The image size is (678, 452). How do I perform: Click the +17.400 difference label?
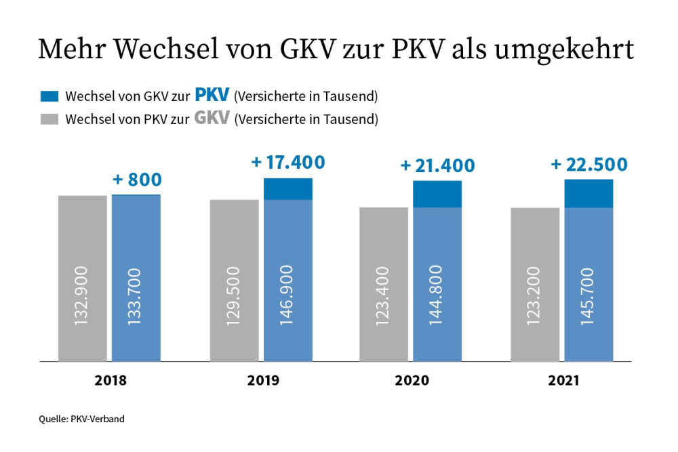coord(288,163)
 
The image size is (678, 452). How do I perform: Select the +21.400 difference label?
coord(438,166)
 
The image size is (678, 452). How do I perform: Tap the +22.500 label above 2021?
coord(589,165)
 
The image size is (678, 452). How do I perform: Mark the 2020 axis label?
coord(412,382)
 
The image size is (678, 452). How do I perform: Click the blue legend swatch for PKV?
coord(50,96)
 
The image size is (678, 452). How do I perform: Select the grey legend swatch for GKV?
coord(50,119)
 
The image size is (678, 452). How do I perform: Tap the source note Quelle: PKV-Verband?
coord(81,419)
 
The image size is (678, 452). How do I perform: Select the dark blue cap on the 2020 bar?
coord(437,194)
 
